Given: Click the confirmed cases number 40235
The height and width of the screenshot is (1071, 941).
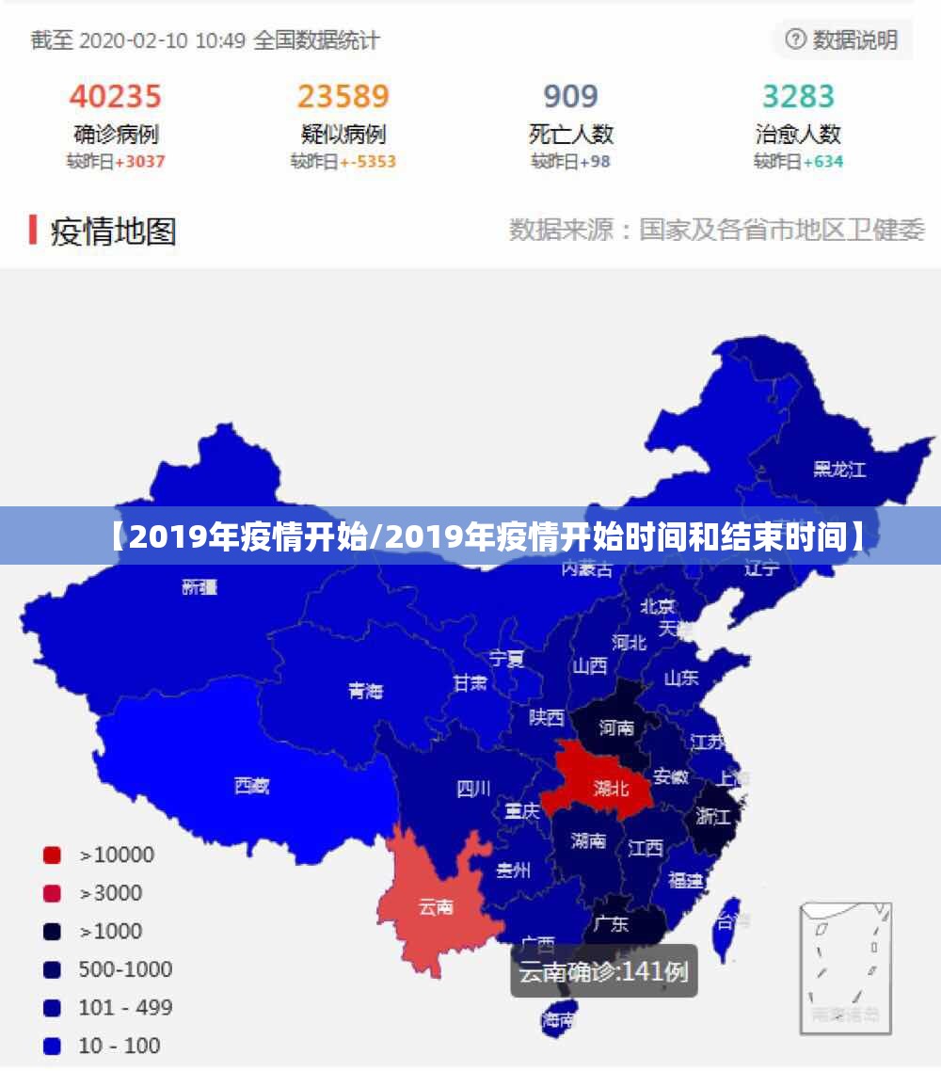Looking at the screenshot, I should [116, 96].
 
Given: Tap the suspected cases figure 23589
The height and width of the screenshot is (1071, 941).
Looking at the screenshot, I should [343, 96].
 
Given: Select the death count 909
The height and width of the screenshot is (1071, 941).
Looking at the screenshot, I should [570, 96].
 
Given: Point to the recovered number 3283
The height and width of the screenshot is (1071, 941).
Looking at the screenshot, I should [798, 96].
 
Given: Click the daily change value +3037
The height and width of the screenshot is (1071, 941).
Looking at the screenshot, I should [139, 162].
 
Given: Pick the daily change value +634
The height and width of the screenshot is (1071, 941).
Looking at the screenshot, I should [821, 162].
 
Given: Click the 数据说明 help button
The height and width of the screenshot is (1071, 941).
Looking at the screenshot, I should [842, 40].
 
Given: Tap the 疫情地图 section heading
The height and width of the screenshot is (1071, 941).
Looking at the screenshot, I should [113, 231].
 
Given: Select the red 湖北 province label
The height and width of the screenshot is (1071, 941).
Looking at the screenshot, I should [612, 789].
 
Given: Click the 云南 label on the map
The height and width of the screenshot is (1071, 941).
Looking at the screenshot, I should [436, 907].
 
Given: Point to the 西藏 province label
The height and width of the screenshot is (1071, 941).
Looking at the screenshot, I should [251, 786].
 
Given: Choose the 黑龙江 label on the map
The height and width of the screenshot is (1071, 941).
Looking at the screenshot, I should [839, 469].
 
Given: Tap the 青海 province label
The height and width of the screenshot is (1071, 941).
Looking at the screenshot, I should [365, 691].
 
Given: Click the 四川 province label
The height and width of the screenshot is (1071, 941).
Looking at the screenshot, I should [473, 789].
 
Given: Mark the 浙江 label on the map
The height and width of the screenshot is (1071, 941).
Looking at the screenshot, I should [712, 816].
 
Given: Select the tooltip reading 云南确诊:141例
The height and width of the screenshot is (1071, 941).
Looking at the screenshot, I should [603, 971].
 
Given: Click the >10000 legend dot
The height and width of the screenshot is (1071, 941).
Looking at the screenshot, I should [52, 855].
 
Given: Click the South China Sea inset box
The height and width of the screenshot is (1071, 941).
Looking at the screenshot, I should [845, 967].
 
